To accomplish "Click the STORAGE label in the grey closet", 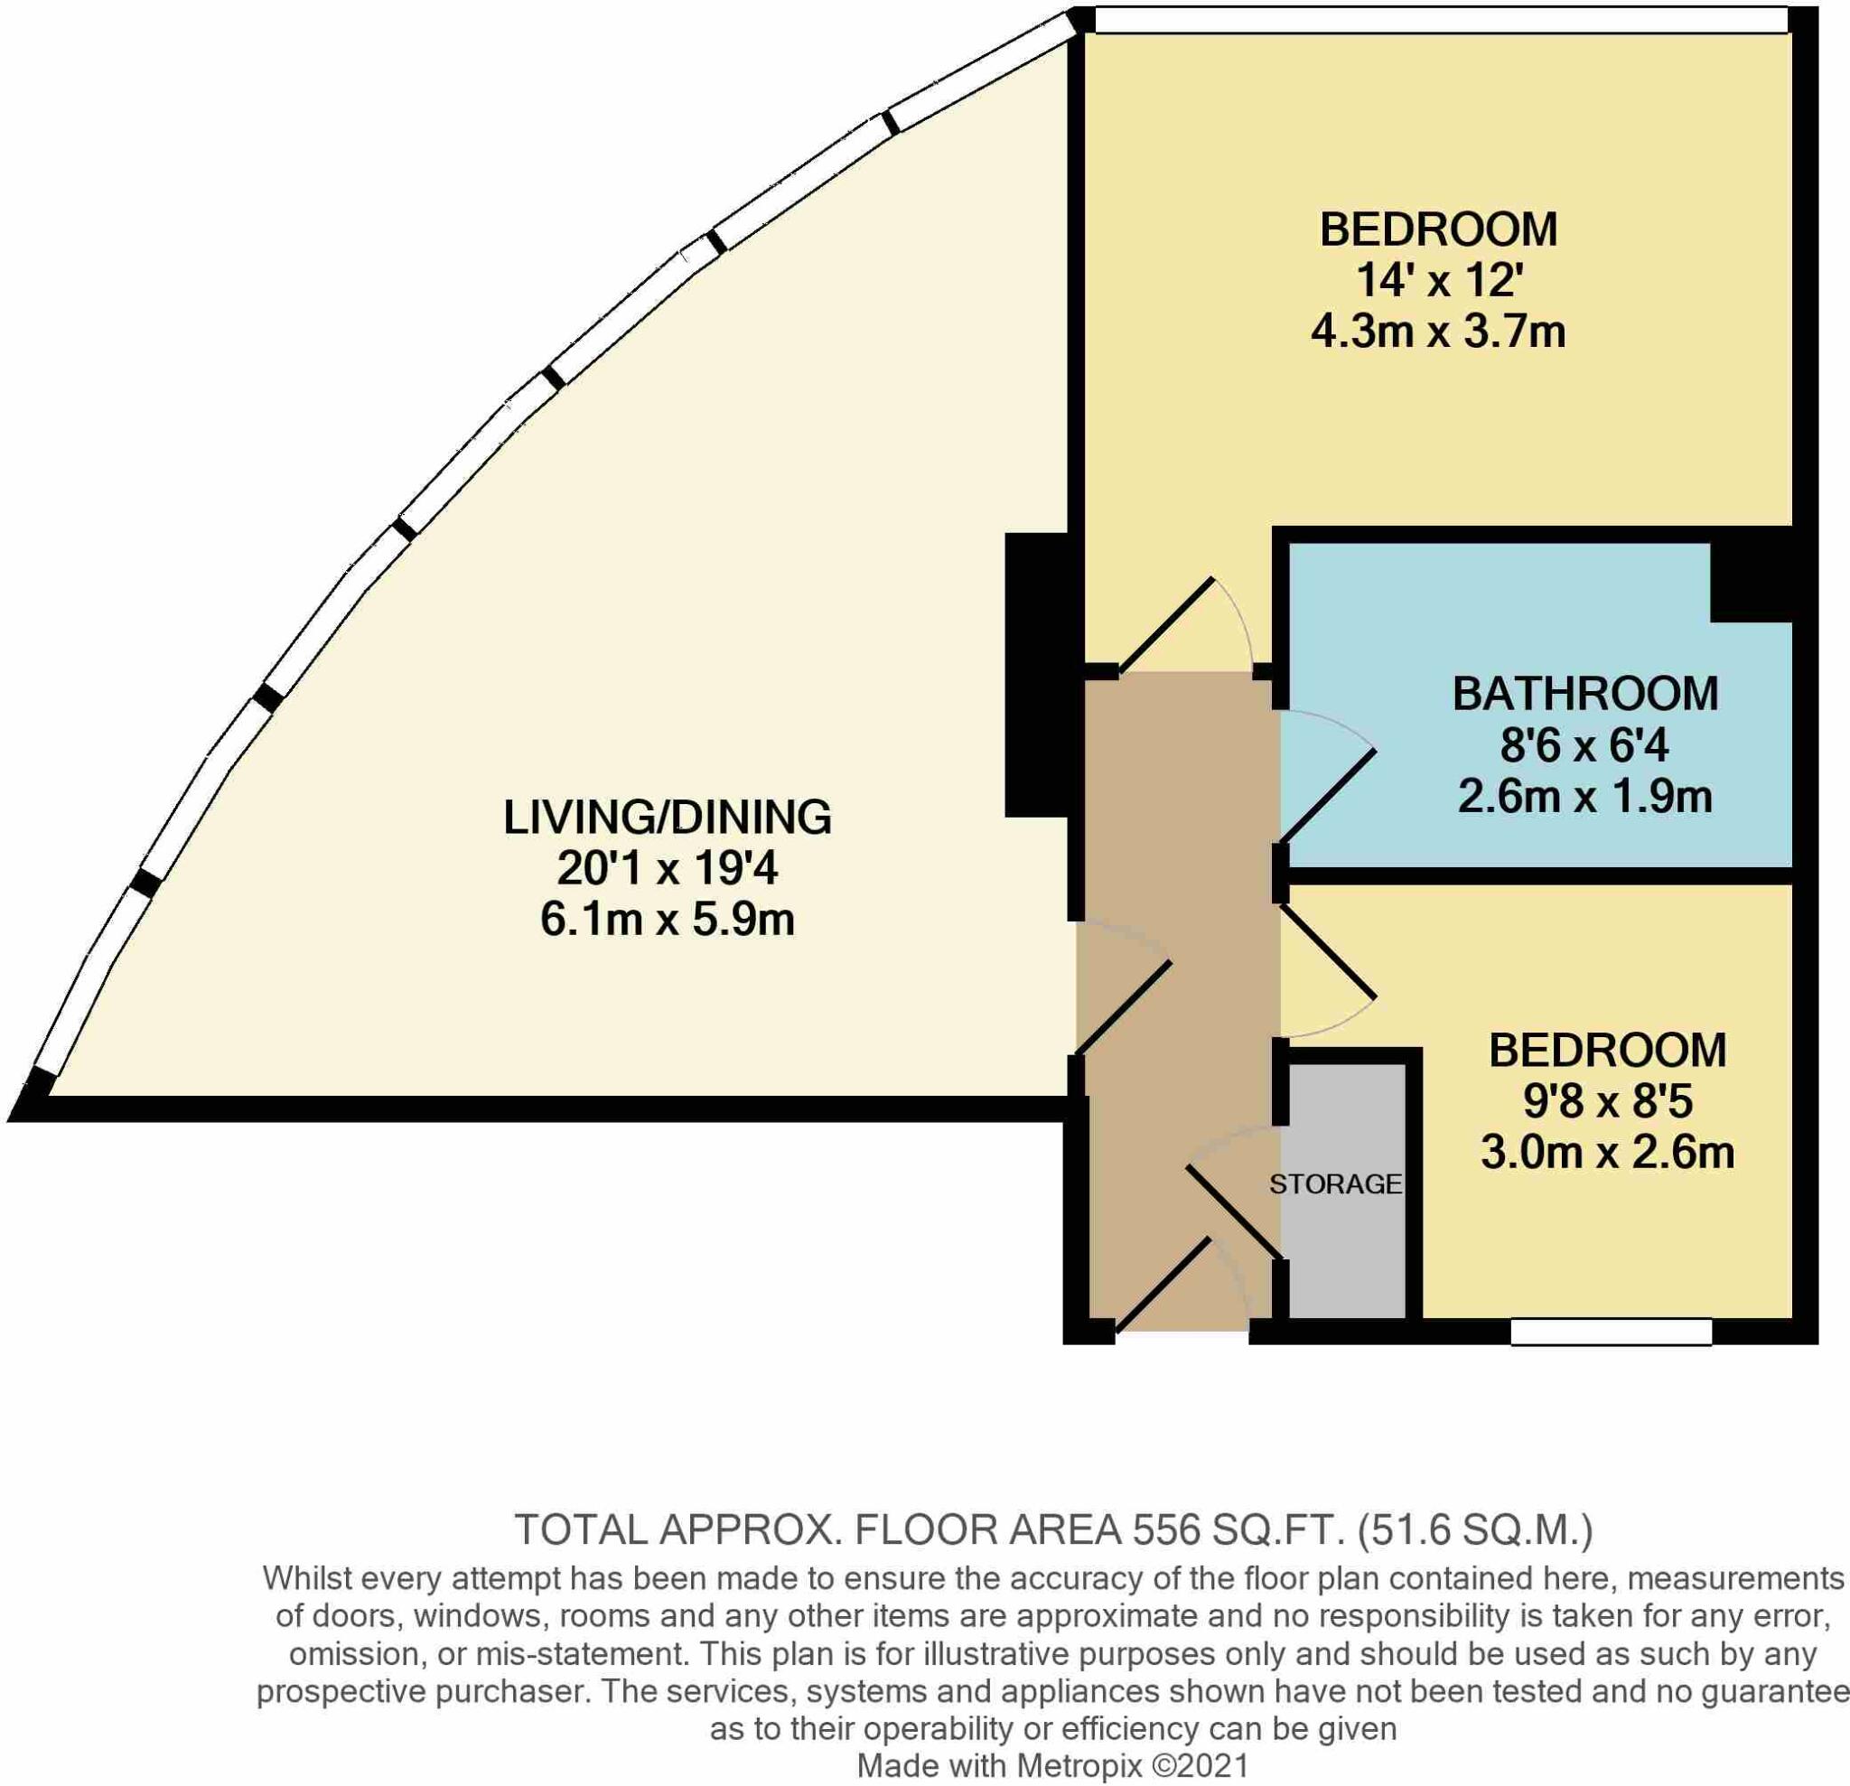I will click(1334, 1183).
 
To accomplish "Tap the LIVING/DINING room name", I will click(668, 817).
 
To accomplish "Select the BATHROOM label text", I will click(1584, 694).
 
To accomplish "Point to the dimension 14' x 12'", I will click(1438, 280).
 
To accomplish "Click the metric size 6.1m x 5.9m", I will click(668, 919).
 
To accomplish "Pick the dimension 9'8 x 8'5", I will click(1607, 1100).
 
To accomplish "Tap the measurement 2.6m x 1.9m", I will click(1584, 796).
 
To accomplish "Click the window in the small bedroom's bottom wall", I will click(1612, 1331).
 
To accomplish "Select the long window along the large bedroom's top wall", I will click(1442, 20).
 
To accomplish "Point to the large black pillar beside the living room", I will click(1036, 675).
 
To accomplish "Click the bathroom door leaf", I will click(1326, 795).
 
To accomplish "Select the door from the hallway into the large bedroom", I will click(1165, 628).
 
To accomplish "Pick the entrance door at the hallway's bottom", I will click(1163, 1285).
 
